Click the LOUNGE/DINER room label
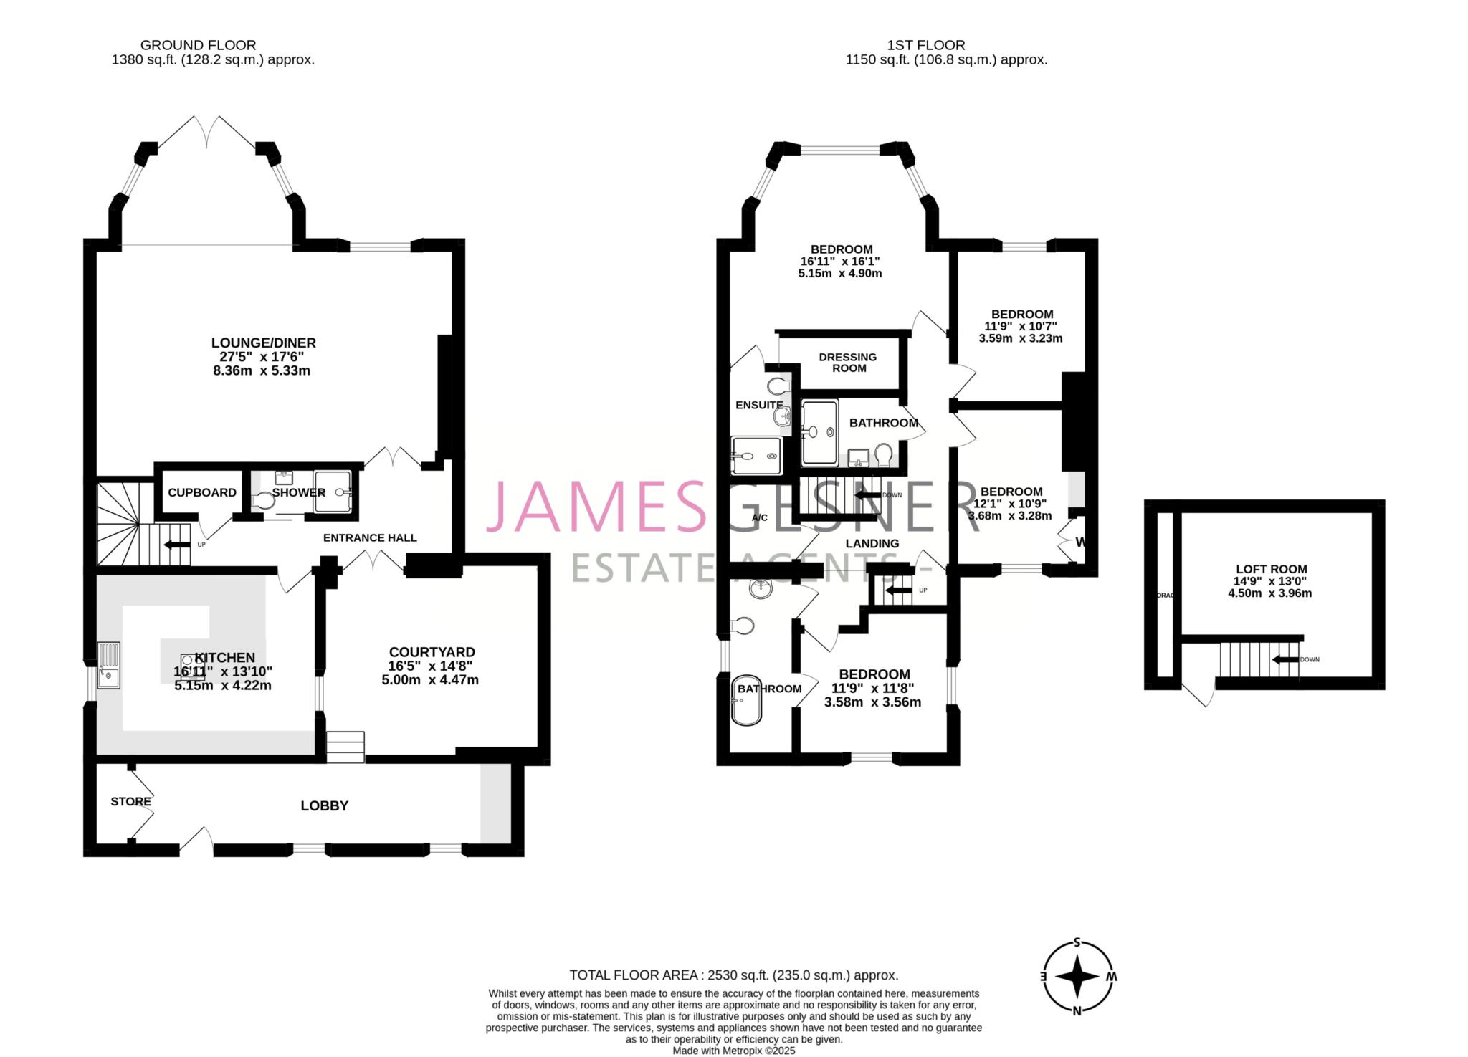(263, 343)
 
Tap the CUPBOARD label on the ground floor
(201, 493)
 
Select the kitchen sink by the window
(109, 666)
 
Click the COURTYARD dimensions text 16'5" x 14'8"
(431, 666)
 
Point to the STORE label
(130, 802)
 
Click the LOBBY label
(324, 806)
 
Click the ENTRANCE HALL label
(369, 538)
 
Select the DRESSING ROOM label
(848, 363)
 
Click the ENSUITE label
(758, 406)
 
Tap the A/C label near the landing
(759, 517)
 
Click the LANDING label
(872, 544)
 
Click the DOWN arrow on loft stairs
(1285, 660)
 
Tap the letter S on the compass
(1077, 943)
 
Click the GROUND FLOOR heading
(198, 45)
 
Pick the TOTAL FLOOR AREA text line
(733, 975)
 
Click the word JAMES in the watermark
(595, 506)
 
